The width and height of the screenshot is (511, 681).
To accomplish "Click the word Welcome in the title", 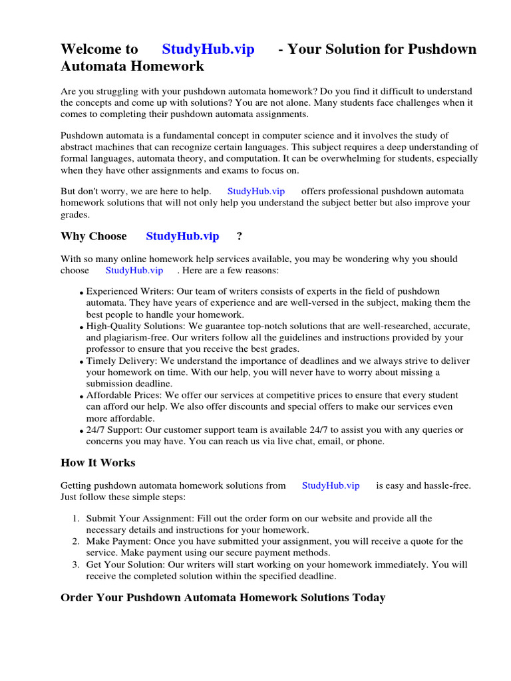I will (99, 49).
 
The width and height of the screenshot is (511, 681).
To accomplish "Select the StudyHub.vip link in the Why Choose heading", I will (182, 236).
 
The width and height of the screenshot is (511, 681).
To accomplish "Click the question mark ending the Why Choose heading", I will (240, 236).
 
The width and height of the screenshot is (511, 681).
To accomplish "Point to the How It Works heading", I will (98, 463).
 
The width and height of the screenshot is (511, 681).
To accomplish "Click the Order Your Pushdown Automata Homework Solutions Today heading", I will (223, 597).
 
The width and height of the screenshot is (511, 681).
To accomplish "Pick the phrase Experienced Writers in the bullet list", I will (126, 291).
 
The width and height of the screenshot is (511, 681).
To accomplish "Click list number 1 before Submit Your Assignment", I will (76, 518).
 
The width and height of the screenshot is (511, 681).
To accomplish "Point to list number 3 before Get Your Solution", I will (76, 565).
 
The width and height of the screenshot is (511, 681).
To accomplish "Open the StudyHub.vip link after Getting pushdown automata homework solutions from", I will (331, 485).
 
